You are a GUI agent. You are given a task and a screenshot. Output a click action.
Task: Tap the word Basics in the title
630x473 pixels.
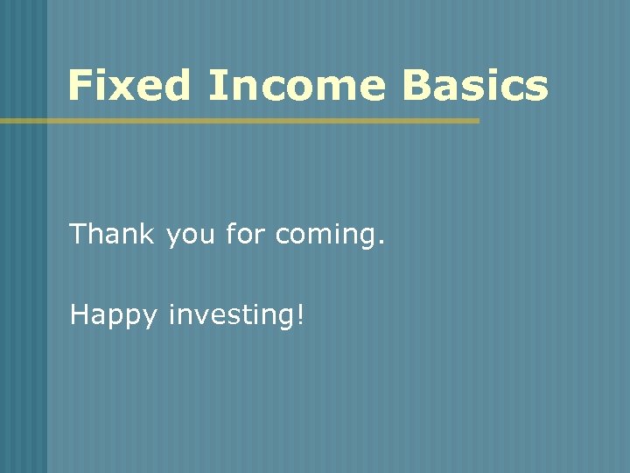click(x=476, y=86)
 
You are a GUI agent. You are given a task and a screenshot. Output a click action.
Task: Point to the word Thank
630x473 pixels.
click(x=112, y=234)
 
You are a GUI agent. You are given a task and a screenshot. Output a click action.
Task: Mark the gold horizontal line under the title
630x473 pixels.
click(x=240, y=121)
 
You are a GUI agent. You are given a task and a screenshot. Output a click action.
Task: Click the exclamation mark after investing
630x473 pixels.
click(x=301, y=314)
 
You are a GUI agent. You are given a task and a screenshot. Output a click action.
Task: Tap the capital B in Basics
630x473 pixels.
click(x=417, y=86)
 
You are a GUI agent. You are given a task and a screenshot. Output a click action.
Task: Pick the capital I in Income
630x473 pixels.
click(x=215, y=86)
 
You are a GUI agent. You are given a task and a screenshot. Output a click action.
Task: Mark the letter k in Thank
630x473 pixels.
click(x=148, y=234)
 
